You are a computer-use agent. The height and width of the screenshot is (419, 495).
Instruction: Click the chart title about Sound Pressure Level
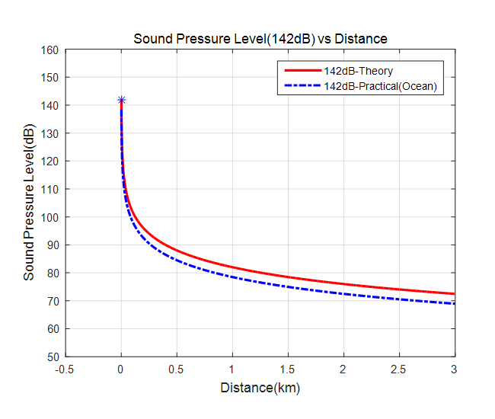tap(260, 39)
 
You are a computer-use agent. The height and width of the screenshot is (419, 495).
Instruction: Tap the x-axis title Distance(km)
tap(260, 388)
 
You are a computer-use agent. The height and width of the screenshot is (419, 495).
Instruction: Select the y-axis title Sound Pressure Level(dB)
tap(29, 203)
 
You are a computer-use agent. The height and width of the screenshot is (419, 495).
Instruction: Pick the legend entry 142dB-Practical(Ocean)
tap(380, 86)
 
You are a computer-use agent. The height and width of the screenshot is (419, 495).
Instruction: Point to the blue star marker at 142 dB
tap(121, 100)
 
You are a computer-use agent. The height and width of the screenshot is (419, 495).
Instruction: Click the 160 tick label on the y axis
tap(50, 50)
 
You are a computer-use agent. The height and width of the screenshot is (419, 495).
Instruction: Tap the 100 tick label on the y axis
tap(50, 217)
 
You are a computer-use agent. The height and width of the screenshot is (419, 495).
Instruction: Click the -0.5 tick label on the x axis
tap(65, 369)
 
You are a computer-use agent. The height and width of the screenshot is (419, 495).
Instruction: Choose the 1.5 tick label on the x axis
tap(288, 369)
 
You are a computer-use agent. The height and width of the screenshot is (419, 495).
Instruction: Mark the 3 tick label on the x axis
tap(455, 369)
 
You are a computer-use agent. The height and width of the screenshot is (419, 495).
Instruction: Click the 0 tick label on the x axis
tap(121, 369)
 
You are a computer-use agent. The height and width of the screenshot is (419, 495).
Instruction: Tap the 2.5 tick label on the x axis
tap(399, 369)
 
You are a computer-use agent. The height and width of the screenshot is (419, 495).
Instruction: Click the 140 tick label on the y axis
tap(50, 105)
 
